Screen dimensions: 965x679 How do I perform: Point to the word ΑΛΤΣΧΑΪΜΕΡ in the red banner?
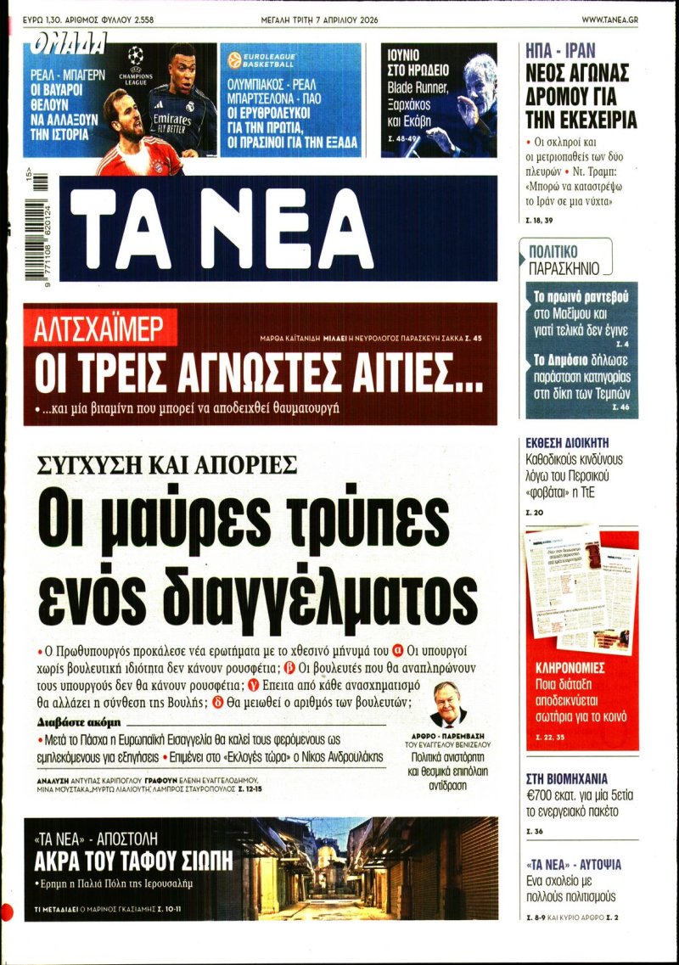(x=93, y=328)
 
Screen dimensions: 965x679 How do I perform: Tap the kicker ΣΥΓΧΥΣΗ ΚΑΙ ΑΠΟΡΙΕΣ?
(x=166, y=464)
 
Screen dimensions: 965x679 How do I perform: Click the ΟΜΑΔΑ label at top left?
(x=70, y=42)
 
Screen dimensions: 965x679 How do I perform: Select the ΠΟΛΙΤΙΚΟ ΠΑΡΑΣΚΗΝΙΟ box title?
(x=564, y=260)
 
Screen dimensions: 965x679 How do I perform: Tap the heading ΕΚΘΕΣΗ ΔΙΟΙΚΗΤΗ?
(x=567, y=443)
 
